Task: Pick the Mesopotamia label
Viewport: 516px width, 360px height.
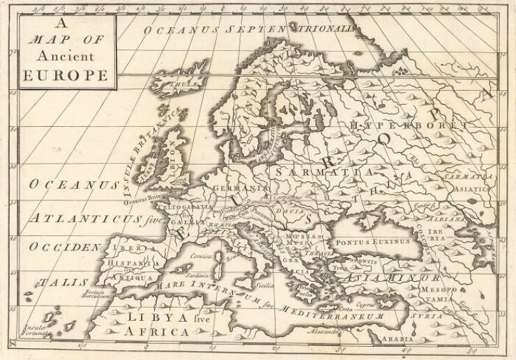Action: [x=447, y=292]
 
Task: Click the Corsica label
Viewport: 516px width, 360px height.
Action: [x=200, y=257]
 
